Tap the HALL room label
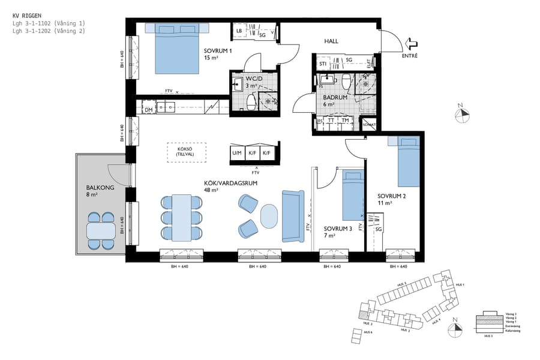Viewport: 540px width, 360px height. pyautogui.click(x=331, y=41)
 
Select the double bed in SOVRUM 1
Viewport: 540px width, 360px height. pyautogui.click(x=177, y=49)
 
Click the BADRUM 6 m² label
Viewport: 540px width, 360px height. pyautogui.click(x=333, y=100)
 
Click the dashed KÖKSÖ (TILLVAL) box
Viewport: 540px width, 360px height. pyautogui.click(x=186, y=152)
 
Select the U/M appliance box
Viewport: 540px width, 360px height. pyautogui.click(x=236, y=153)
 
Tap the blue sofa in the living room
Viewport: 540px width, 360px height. pyautogui.click(x=293, y=216)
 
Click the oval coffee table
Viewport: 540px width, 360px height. pyautogui.click(x=270, y=216)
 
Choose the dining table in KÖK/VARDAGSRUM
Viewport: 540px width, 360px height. pyautogui.click(x=182, y=217)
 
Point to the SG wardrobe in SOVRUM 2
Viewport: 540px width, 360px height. pyautogui.click(x=378, y=229)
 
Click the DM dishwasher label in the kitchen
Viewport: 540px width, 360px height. pyautogui.click(x=148, y=110)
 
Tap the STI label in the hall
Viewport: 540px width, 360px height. pyautogui.click(x=323, y=63)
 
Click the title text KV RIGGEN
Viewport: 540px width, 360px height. pyautogui.click(x=28, y=16)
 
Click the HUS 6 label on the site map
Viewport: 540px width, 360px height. pyautogui.click(x=367, y=332)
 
